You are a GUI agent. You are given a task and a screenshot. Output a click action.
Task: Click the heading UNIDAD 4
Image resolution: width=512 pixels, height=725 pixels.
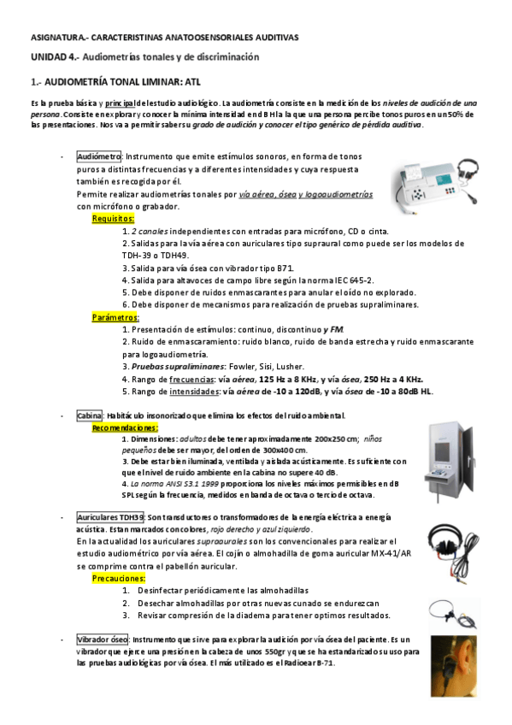click(54, 57)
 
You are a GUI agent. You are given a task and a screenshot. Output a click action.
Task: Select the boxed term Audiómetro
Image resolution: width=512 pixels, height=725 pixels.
click(98, 157)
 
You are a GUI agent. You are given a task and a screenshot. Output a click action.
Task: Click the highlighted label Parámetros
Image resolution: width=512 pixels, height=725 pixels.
click(115, 317)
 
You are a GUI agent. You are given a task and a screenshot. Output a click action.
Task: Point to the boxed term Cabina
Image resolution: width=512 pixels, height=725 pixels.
click(90, 416)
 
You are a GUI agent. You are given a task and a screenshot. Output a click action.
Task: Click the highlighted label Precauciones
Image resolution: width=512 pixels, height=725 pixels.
click(118, 579)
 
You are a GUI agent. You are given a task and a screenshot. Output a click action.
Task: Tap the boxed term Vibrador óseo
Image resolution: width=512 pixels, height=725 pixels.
click(103, 640)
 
